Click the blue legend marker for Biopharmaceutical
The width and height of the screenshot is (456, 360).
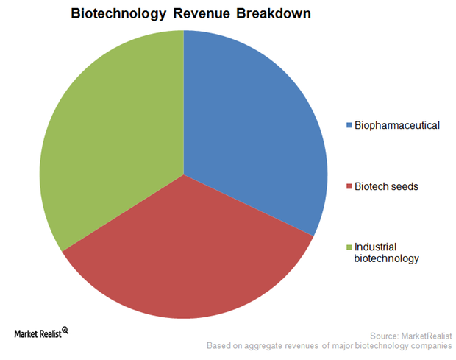[x=349, y=125]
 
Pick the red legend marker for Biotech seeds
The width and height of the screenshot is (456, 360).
[x=349, y=186]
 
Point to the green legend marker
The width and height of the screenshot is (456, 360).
[x=349, y=247]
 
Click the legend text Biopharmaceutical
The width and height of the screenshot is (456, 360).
[x=396, y=125]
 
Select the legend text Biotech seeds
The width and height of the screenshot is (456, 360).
[x=386, y=186]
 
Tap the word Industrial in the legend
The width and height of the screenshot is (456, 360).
[x=374, y=247]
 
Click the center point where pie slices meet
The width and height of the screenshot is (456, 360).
[x=184, y=174]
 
